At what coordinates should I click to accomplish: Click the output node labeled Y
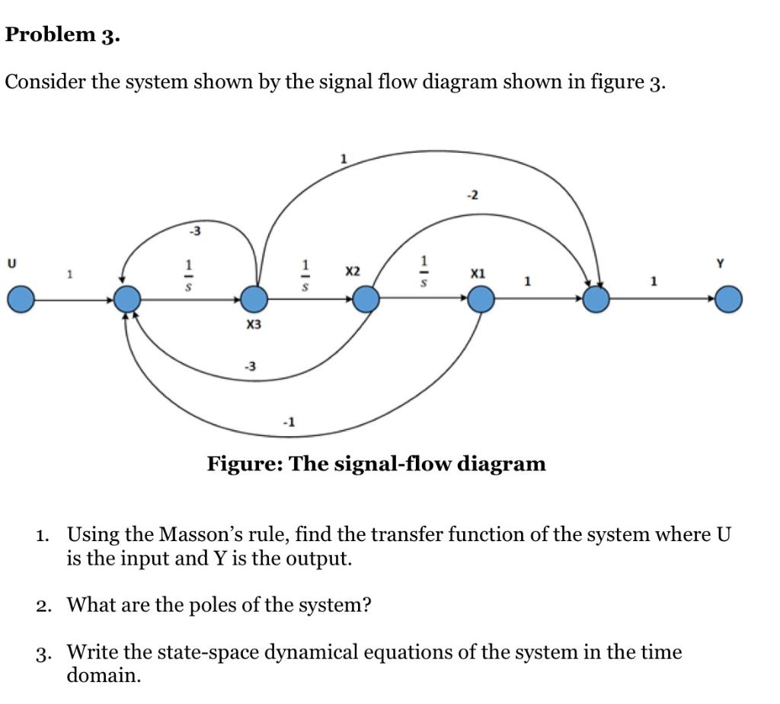point(728,299)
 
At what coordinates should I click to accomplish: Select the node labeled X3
point(254,299)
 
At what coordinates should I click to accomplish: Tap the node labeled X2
point(366,299)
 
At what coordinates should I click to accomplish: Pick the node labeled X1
point(481,299)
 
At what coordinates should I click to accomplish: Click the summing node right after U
point(128,299)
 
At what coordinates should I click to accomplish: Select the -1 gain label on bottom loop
point(289,420)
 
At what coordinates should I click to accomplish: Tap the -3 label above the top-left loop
point(196,231)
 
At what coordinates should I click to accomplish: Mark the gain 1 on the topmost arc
point(344,159)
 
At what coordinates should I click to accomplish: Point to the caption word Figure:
point(244,463)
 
